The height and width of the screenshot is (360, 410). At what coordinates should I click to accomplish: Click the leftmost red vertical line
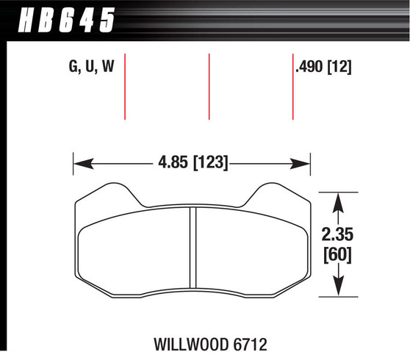point(126,86)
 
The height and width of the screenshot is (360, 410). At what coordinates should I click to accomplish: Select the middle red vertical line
point(209,86)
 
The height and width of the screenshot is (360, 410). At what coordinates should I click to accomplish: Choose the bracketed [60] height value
point(339,255)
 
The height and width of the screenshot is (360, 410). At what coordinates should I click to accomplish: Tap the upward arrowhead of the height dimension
point(339,199)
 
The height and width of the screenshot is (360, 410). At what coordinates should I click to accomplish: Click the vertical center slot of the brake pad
point(194,248)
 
